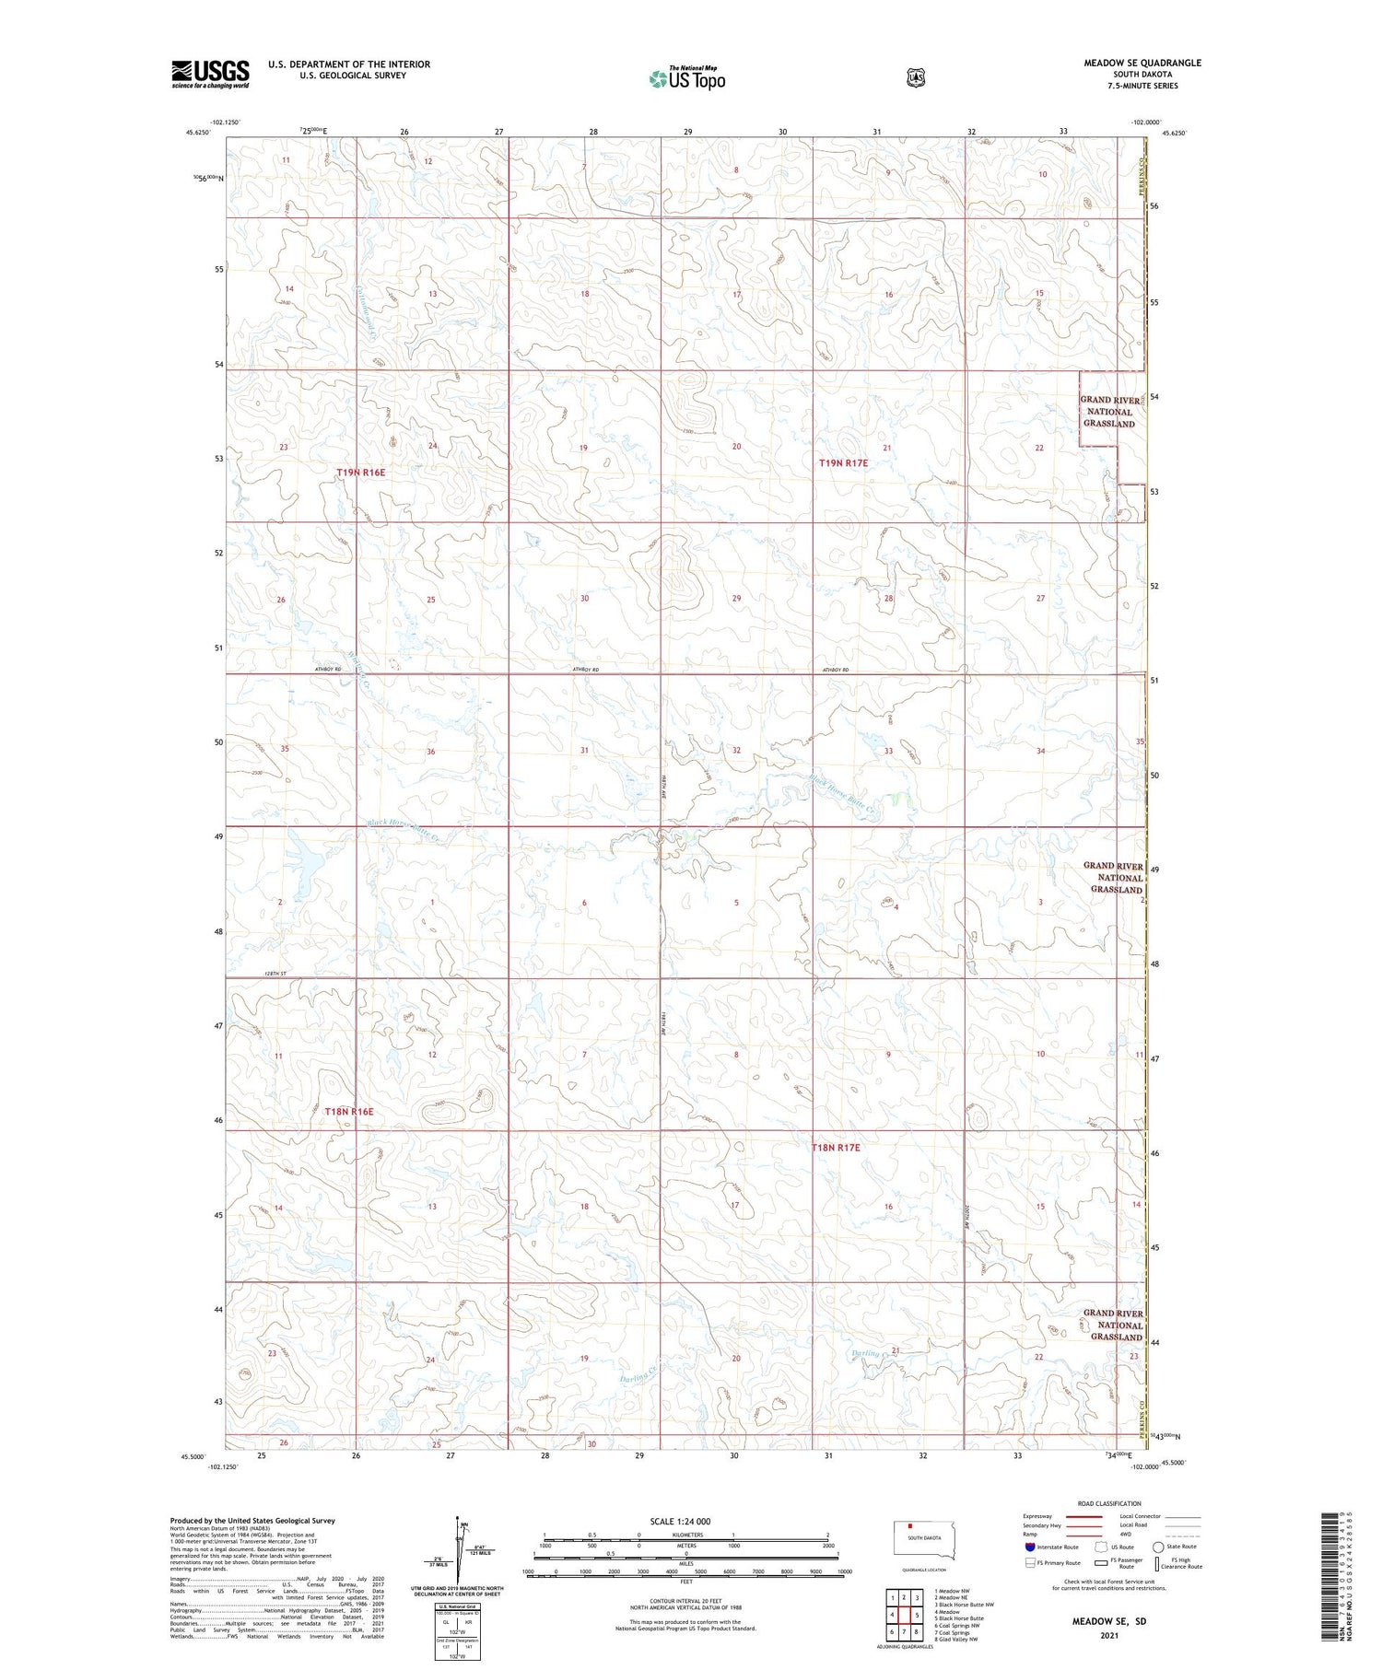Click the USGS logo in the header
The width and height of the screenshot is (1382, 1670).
(x=210, y=74)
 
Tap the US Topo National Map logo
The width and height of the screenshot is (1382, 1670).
(x=686, y=78)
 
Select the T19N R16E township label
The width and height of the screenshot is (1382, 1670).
(x=360, y=473)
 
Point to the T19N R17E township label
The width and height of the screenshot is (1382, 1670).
(x=843, y=463)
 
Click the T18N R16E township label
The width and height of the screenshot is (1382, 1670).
(x=349, y=1112)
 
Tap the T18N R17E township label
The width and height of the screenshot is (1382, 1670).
(x=836, y=1148)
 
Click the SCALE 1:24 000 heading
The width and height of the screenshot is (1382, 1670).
(x=680, y=1521)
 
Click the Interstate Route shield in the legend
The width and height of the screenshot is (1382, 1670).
(x=1030, y=1547)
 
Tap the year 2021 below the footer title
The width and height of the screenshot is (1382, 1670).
(x=1108, y=1635)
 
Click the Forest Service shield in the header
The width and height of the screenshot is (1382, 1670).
(x=915, y=78)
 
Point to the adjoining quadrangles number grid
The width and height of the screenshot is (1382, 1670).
(x=904, y=1615)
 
